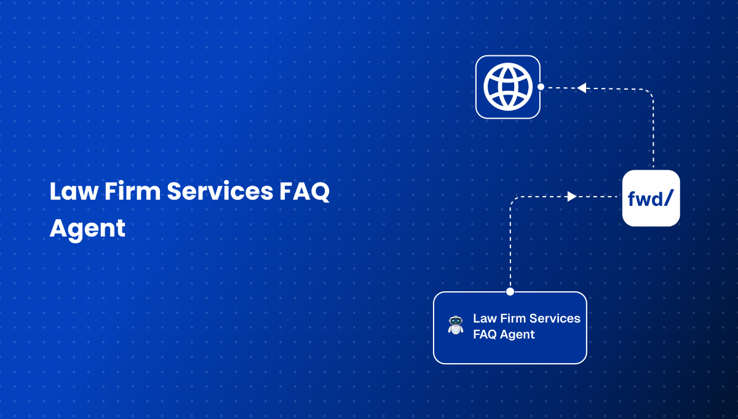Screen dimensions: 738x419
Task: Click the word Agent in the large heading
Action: click(x=87, y=229)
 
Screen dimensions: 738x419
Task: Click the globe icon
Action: click(x=507, y=87)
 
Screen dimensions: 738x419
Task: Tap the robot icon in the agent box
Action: click(x=456, y=326)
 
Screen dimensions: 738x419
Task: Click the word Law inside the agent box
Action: click(x=483, y=318)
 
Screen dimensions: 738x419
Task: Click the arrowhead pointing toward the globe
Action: click(x=581, y=88)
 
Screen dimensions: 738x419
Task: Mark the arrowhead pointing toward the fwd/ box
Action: click(x=571, y=197)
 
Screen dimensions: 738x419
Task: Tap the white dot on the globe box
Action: click(x=541, y=87)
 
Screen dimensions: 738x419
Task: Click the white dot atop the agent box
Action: click(x=510, y=292)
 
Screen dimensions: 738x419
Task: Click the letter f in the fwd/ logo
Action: click(x=632, y=199)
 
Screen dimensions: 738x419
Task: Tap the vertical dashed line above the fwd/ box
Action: click(x=653, y=135)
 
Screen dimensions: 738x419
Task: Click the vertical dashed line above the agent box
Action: click(x=510, y=246)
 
